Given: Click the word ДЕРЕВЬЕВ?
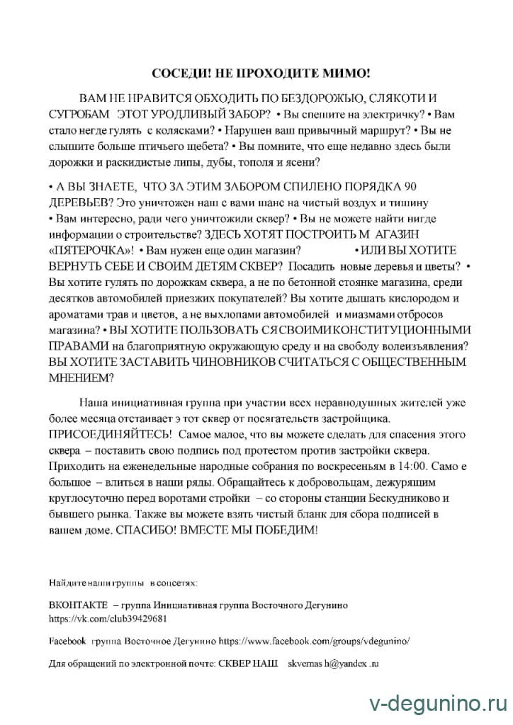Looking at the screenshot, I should (x=74, y=201).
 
